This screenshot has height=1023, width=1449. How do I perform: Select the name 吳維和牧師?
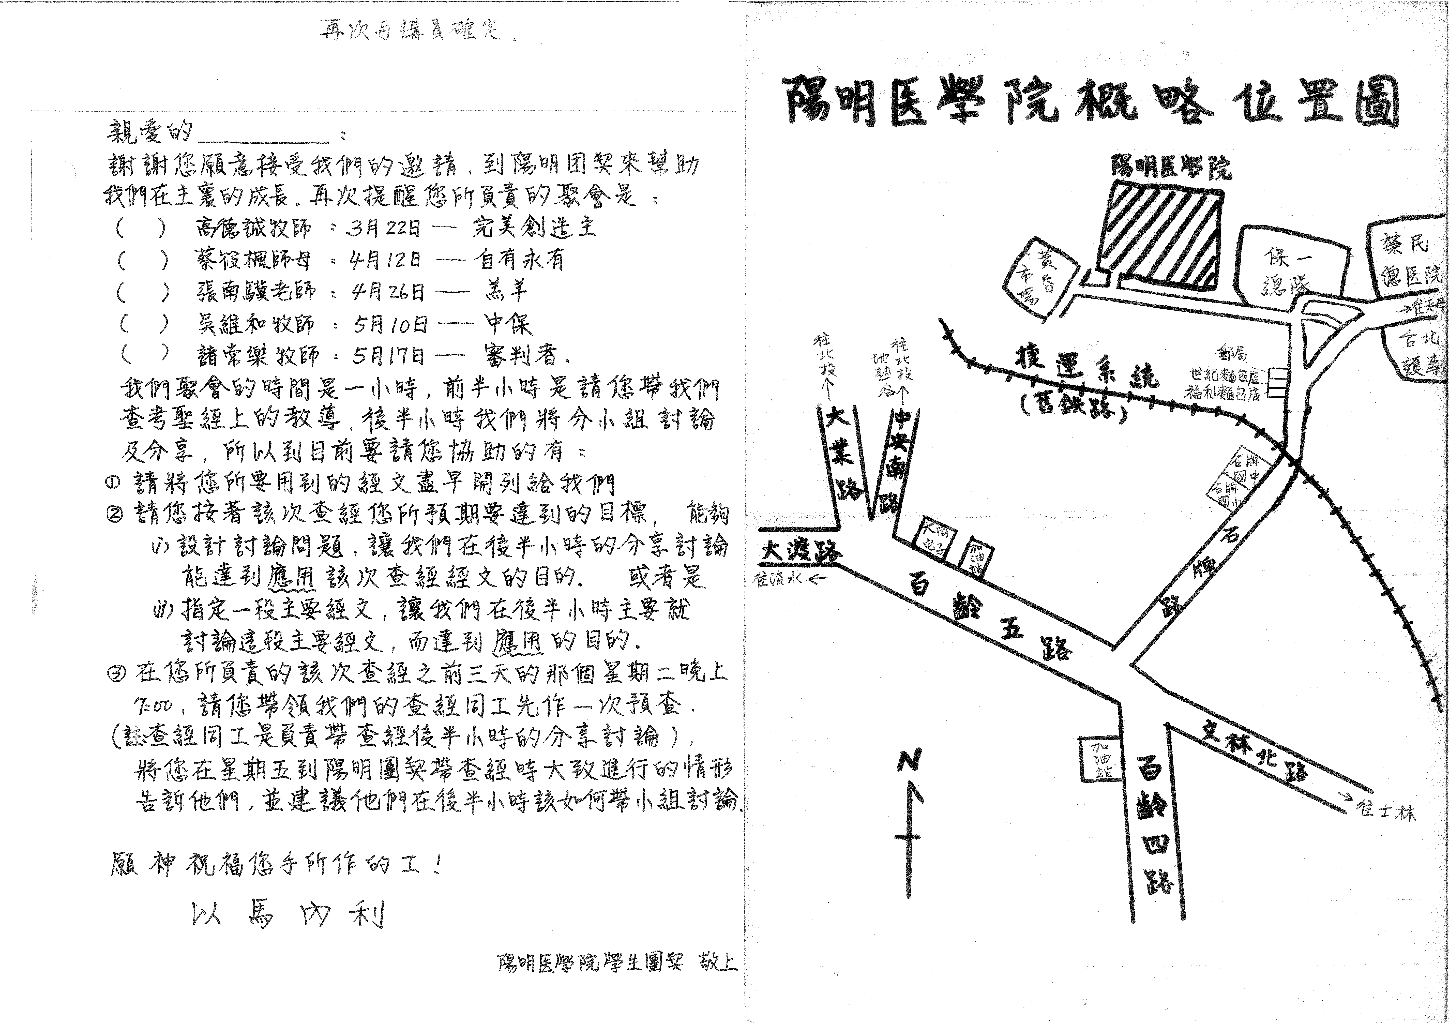tap(256, 324)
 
